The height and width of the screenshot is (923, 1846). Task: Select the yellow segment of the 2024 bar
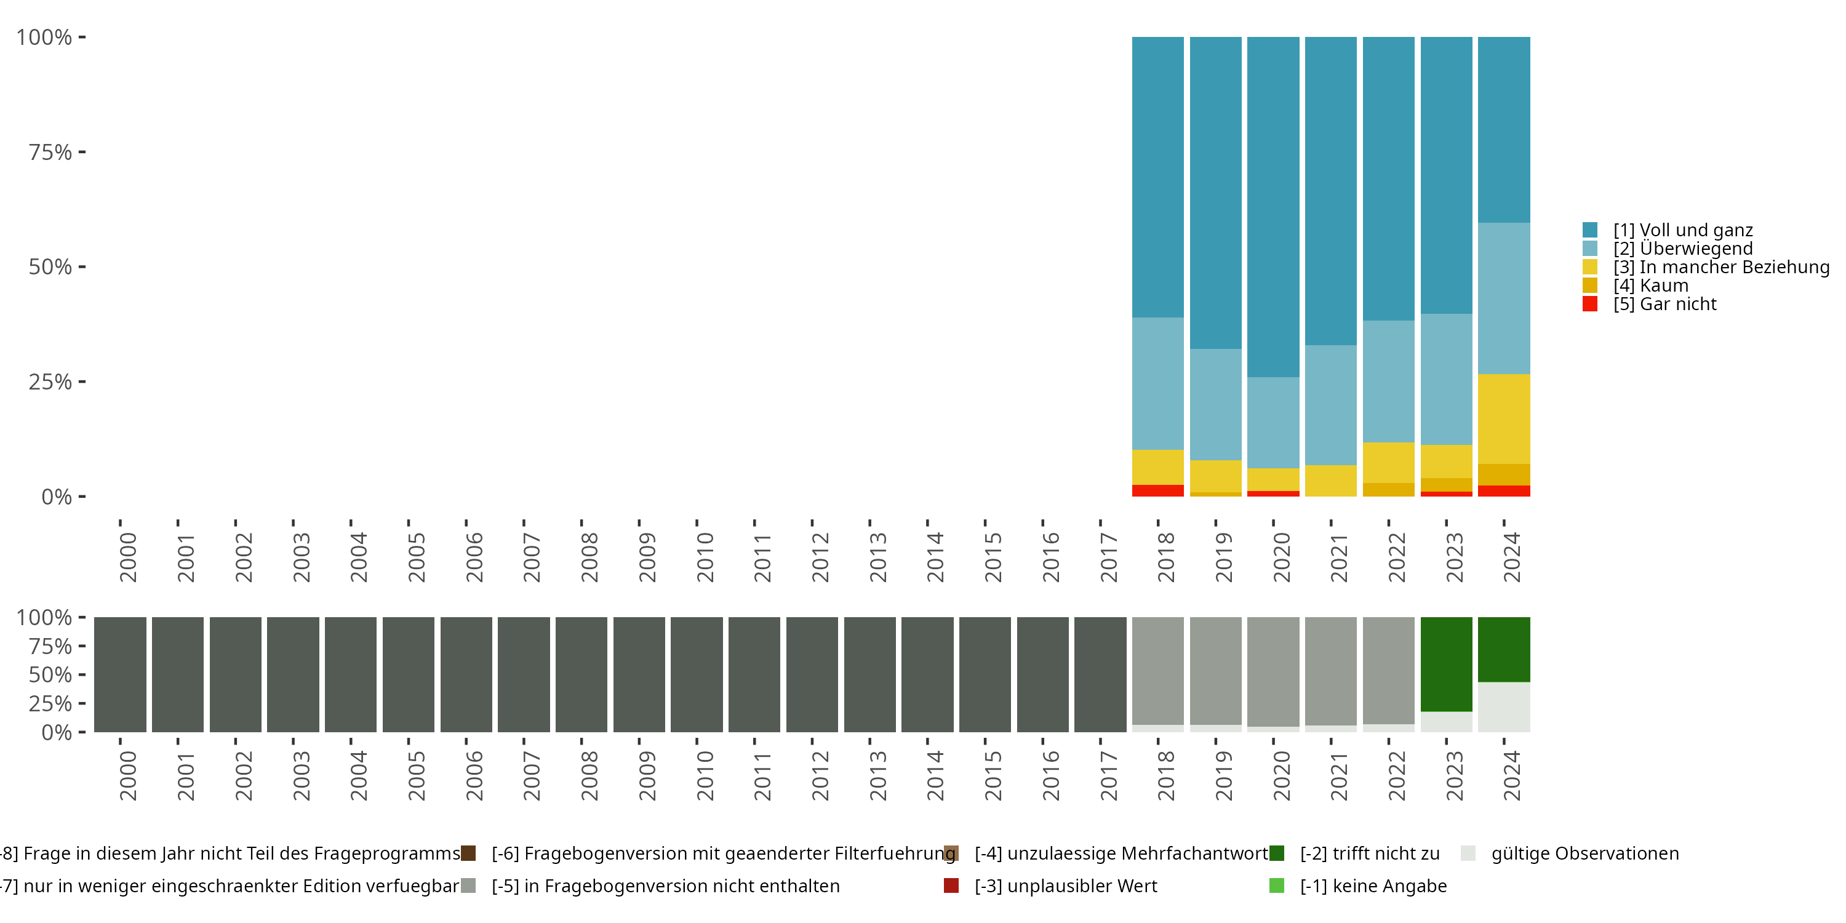(1503, 418)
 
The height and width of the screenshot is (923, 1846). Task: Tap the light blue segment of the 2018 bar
(1157, 383)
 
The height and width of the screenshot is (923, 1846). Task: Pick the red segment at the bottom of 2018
(1157, 491)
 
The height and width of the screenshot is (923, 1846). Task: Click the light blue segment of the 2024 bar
(1503, 298)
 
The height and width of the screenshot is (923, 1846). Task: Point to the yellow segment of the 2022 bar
(1388, 462)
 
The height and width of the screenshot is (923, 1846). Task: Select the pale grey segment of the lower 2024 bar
(1503, 706)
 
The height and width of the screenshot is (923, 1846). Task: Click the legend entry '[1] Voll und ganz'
(1682, 230)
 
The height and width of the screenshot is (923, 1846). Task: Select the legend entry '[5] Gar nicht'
(1664, 304)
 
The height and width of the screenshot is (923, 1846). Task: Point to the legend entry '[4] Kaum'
(1650, 286)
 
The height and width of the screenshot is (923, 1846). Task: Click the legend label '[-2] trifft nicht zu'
(1370, 853)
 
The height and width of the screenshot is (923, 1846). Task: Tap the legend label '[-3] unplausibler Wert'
(1066, 885)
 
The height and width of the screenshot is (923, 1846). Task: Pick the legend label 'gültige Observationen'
(1584, 853)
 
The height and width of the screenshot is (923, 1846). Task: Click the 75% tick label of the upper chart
(50, 152)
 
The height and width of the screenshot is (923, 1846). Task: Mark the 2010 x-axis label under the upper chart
(705, 557)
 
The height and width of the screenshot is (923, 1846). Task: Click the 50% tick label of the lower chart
(50, 674)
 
